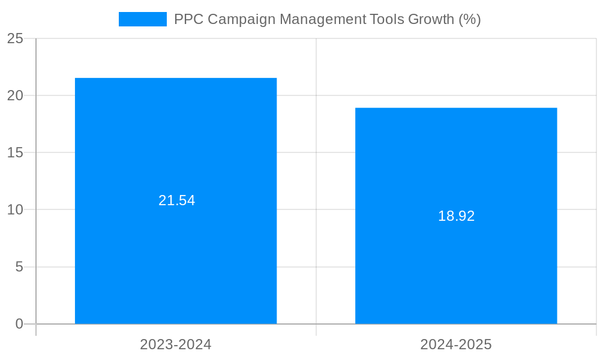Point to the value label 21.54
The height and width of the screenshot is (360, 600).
tap(176, 200)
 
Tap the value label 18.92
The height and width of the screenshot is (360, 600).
tap(456, 216)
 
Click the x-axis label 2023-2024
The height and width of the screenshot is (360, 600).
tap(176, 344)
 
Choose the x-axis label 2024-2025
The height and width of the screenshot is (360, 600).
tap(456, 344)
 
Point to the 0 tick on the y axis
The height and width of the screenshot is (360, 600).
tap(19, 324)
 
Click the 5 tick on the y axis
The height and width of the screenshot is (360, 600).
tap(19, 266)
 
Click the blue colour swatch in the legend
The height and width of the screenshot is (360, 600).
tap(143, 19)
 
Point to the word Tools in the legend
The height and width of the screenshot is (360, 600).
tap(386, 19)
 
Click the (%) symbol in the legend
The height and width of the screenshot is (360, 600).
tap(470, 19)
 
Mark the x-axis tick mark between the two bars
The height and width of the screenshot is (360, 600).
tap(316, 330)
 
